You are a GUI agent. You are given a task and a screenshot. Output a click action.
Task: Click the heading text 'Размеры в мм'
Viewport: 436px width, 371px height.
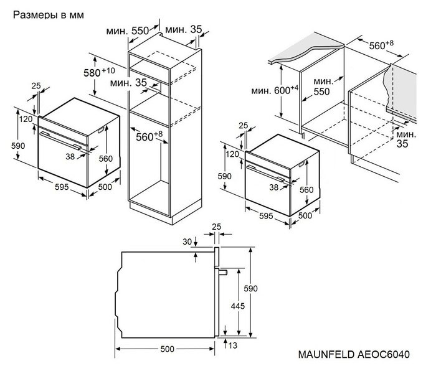click(47, 14)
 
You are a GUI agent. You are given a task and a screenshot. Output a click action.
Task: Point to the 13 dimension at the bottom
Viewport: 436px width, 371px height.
click(232, 345)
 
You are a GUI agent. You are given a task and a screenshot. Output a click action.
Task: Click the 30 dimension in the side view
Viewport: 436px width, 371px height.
click(187, 242)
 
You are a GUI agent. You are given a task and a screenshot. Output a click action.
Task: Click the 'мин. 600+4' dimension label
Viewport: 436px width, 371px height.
click(275, 90)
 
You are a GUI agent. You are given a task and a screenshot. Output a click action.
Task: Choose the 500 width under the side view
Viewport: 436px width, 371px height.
click(167, 349)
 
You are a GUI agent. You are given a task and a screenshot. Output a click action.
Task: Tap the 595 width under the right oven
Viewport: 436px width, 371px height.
click(266, 216)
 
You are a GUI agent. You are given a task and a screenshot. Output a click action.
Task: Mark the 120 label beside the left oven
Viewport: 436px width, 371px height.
click(25, 119)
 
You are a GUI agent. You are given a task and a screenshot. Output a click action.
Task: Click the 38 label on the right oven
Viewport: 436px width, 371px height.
click(273, 187)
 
